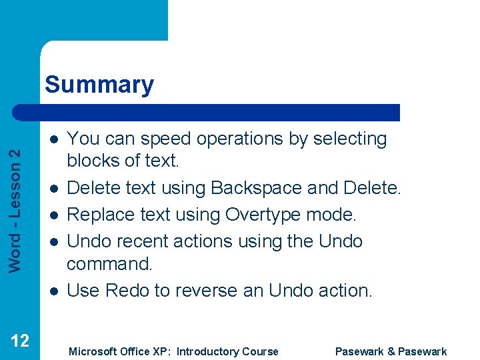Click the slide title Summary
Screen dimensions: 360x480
[x=99, y=85]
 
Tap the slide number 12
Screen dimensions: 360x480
[x=20, y=341]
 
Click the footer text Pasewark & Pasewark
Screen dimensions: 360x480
[x=391, y=351]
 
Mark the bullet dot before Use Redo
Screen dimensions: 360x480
[x=53, y=291]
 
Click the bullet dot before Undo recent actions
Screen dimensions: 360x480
[x=53, y=241]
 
